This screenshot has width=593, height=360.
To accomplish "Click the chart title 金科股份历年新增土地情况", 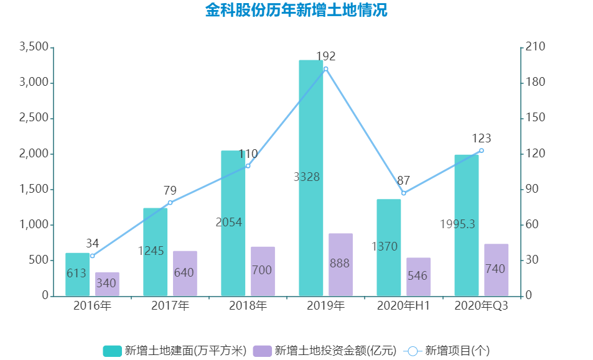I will pyautogui.click(x=296, y=11).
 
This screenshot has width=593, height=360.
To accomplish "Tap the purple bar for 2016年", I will pyautogui.click(x=107, y=284).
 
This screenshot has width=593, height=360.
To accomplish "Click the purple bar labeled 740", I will pyautogui.click(x=496, y=270).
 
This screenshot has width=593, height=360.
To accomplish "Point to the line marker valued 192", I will pyautogui.click(x=325, y=69).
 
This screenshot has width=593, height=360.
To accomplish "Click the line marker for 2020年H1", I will pyautogui.click(x=403, y=193).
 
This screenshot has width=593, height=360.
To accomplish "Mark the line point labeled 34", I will pyautogui.click(x=92, y=256).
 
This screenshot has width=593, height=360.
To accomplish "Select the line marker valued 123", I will pyautogui.click(x=481, y=150).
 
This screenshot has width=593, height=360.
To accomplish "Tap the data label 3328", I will pyautogui.click(x=306, y=177).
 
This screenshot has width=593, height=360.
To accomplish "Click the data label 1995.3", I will pyautogui.click(x=457, y=224).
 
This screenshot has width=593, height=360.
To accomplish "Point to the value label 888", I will pyautogui.click(x=339, y=263).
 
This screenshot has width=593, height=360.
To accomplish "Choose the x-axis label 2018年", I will pyautogui.click(x=248, y=306).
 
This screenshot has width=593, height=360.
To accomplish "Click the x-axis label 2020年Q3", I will pyautogui.click(x=481, y=306).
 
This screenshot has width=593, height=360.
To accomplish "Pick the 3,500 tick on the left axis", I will pyautogui.click(x=34, y=47).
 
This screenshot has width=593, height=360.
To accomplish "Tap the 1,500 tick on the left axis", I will pyautogui.click(x=34, y=190).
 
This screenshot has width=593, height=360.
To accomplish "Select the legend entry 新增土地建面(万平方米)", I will pyautogui.click(x=175, y=351).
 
